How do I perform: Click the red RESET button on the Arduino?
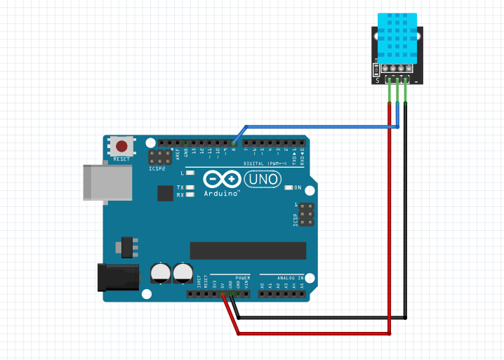click(122, 147)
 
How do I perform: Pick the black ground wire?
click(406, 225)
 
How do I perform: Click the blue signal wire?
click(316, 127)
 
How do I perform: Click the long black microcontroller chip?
click(248, 251)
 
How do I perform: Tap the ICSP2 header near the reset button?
click(157, 157)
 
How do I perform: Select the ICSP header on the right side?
click(307, 215)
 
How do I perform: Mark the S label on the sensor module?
click(377, 80)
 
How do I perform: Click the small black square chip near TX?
click(166, 194)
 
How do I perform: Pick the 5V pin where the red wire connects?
click(223, 293)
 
